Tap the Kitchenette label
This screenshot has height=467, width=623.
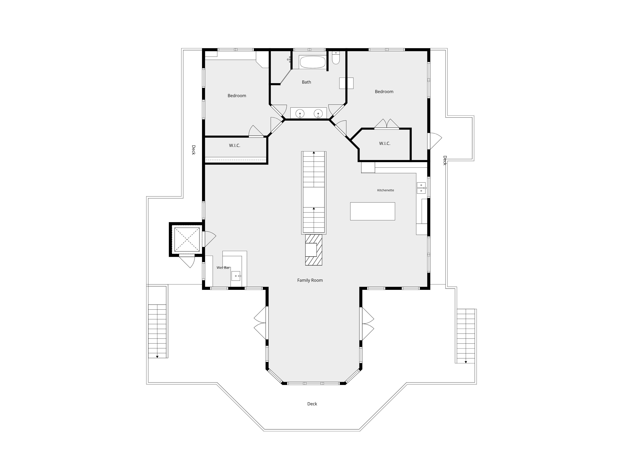(x=386, y=190)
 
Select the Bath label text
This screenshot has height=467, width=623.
(x=306, y=82)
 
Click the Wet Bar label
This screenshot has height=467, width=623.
(x=223, y=268)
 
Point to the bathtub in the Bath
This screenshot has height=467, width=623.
(x=312, y=62)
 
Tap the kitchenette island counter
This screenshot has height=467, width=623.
(x=373, y=211)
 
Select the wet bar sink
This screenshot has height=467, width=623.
(x=236, y=276)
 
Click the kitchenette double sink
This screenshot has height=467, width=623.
(x=421, y=188)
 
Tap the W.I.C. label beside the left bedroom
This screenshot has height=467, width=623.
(x=235, y=146)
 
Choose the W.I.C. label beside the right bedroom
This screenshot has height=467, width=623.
(x=385, y=144)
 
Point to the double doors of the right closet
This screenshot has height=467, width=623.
(x=387, y=124)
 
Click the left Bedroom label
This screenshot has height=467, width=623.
(x=237, y=96)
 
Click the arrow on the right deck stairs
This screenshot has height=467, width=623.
(x=466, y=362)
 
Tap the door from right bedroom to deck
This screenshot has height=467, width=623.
(x=434, y=141)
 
